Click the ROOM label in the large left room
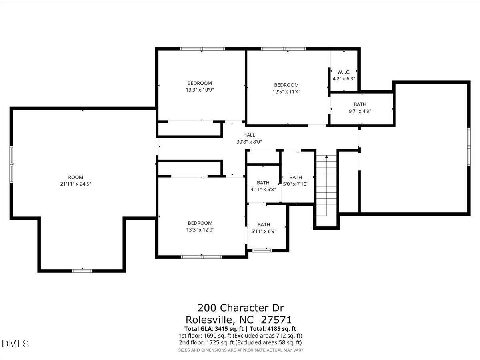point(75,177)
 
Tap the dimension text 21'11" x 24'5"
point(75,184)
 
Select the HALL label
point(249,135)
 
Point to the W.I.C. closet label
point(344,72)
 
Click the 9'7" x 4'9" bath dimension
point(360,111)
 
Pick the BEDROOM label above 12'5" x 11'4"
point(286,85)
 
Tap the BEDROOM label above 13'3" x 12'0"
point(200,223)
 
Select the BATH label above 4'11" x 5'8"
point(263,183)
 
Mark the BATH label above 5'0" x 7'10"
point(295,177)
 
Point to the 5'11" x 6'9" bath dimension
point(264,231)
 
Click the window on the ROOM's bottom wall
point(82,271)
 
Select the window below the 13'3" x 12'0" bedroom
point(202,256)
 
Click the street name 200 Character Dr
point(241,308)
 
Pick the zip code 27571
point(276,320)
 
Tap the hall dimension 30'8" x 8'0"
point(249,142)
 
